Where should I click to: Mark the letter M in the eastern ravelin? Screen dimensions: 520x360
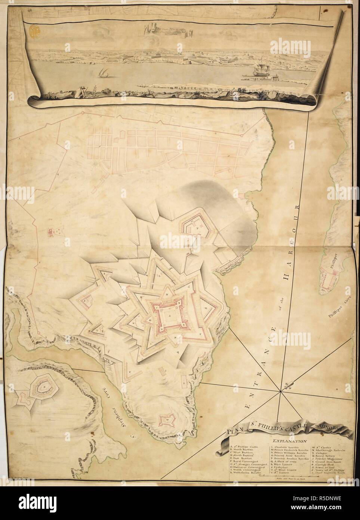pyautogui.click(x=206, y=308)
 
